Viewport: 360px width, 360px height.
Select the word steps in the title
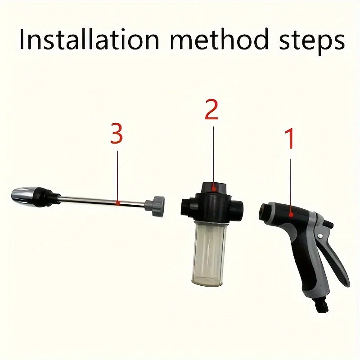310,40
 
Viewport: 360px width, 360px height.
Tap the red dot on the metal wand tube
117,203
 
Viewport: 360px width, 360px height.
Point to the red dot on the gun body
291,215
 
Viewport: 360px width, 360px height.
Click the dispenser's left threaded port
186,206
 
